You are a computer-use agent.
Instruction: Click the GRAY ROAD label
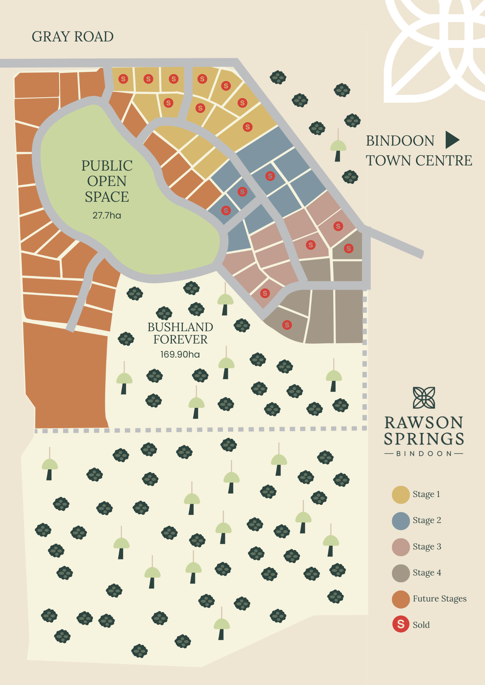tap(73, 37)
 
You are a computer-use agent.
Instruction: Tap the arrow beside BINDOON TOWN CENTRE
tap(452, 140)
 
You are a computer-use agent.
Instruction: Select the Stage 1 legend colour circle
tap(401, 495)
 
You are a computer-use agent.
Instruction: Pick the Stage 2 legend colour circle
tap(401, 521)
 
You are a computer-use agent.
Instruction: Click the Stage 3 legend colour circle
tap(401, 547)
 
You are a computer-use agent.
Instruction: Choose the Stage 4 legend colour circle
tap(401, 573)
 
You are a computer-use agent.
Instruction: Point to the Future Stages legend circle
tap(401, 599)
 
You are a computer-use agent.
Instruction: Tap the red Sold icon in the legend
tap(401, 625)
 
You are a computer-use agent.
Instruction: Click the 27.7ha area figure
tap(107, 215)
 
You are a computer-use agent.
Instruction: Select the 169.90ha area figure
tap(180, 354)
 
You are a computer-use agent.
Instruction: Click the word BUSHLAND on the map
tap(180, 327)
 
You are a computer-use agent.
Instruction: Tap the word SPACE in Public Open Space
tap(107, 197)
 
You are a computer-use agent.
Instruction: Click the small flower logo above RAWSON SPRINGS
tap(424, 398)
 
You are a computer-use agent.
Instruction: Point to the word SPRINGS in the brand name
tap(424, 439)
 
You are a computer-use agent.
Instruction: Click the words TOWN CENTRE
tap(419, 160)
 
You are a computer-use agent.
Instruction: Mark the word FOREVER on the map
tap(180, 339)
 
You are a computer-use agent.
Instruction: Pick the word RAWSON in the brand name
tap(424, 423)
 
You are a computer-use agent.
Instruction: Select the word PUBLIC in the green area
tap(107, 166)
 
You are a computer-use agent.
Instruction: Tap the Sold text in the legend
tap(421, 625)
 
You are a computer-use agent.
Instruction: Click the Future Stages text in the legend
tap(439, 599)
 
